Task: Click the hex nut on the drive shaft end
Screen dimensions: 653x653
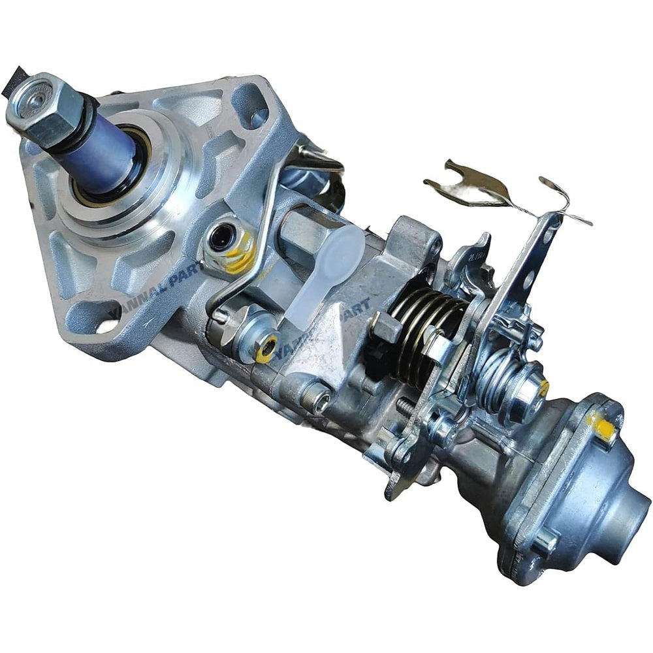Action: [x=40, y=108]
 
